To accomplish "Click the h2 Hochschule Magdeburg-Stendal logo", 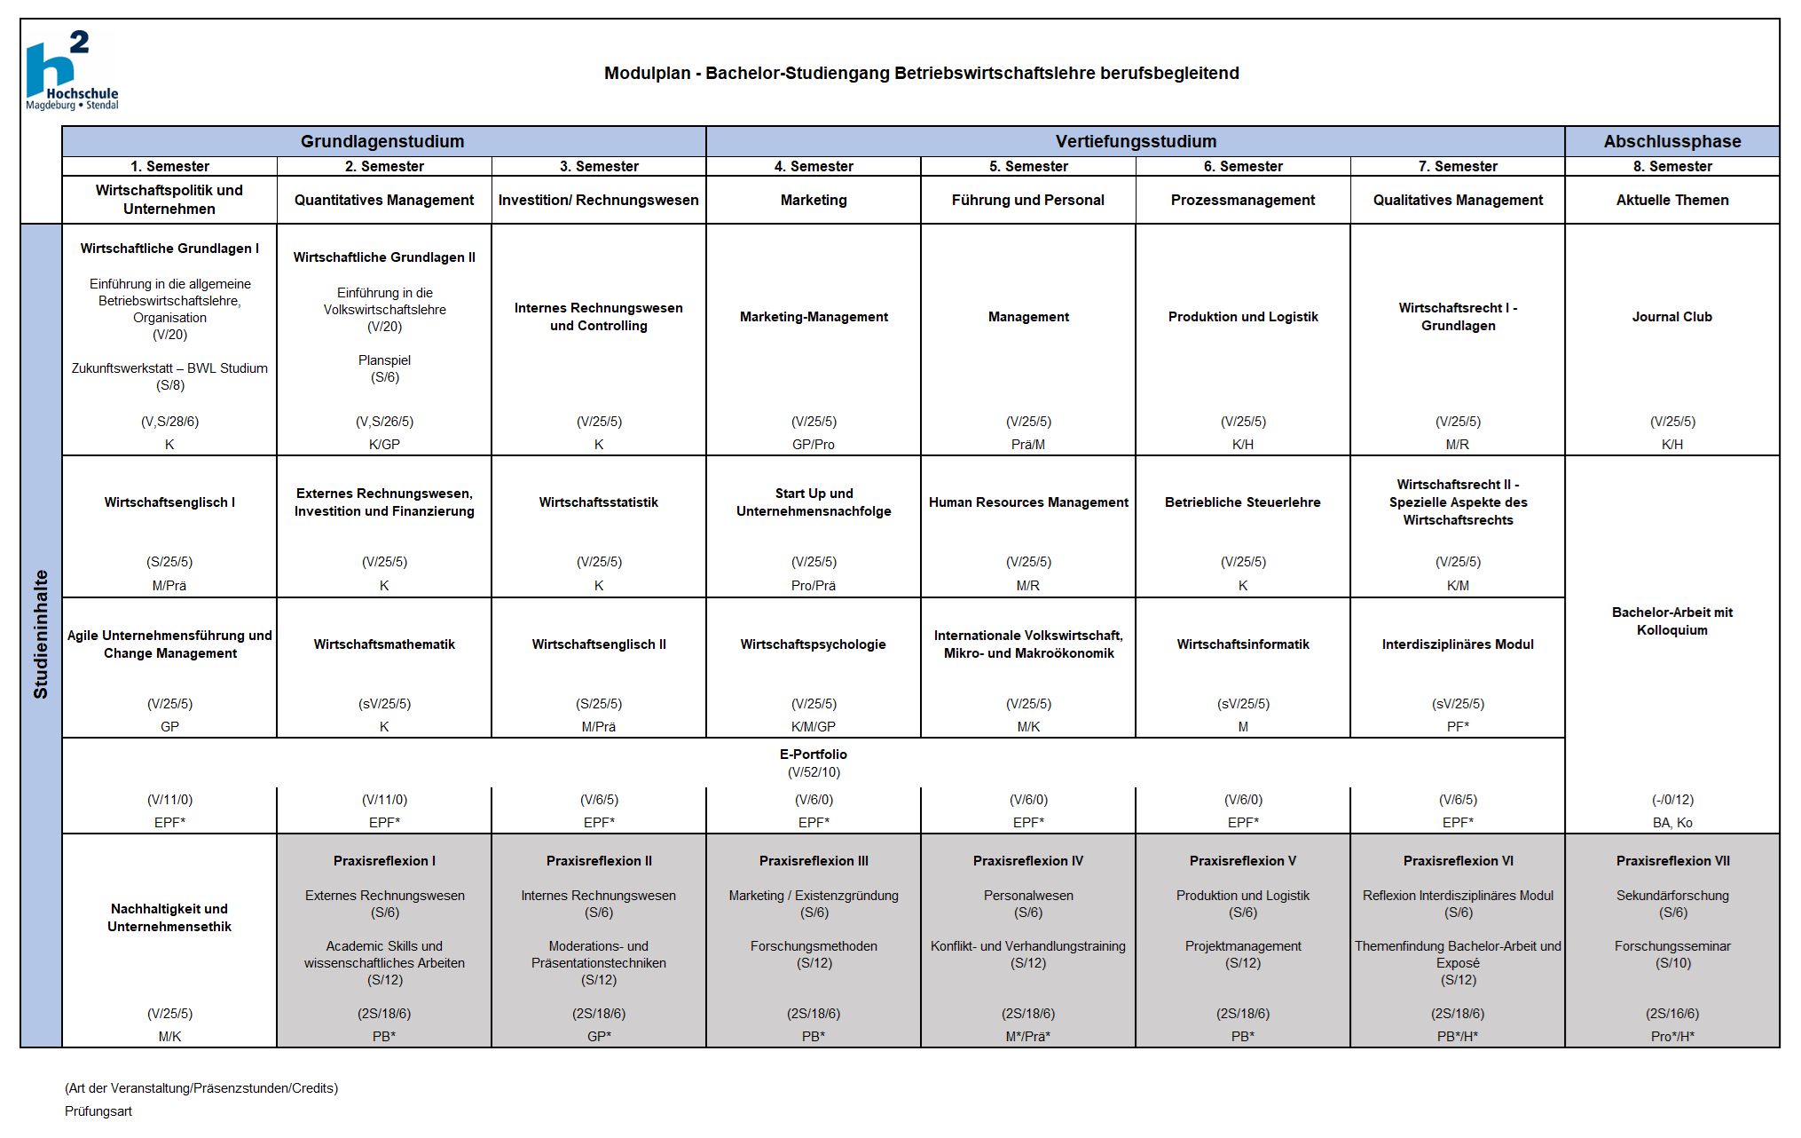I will (x=71, y=71).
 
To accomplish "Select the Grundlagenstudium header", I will (x=382, y=141).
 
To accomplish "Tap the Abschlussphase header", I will (x=1671, y=141).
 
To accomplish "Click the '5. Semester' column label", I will (x=1028, y=166).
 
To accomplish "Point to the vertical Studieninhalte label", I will (x=41, y=634).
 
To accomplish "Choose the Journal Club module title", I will (x=1671, y=317).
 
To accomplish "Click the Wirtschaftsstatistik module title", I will (x=599, y=502).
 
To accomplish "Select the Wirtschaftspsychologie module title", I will (x=814, y=644).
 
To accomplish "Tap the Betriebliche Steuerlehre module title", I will (x=1243, y=502).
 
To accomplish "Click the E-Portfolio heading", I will (x=814, y=755).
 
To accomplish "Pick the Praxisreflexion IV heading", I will (x=1028, y=861).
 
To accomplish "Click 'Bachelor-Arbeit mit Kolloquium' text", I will (x=1671, y=621).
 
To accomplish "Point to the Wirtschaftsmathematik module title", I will (x=384, y=644).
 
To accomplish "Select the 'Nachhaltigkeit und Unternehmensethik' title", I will (x=169, y=918).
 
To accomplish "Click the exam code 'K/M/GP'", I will (x=814, y=727).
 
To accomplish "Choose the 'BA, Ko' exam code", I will (x=1671, y=823).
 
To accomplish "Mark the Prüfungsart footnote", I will (x=98, y=1111).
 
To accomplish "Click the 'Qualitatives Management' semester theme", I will (x=1458, y=201).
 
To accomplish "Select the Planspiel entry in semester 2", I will (x=384, y=360).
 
